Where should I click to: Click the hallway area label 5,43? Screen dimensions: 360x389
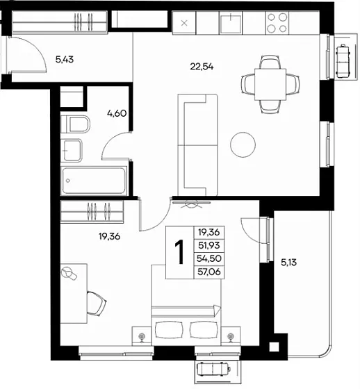pyautogui.click(x=65, y=60)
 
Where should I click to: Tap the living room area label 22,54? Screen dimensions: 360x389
pyautogui.click(x=202, y=67)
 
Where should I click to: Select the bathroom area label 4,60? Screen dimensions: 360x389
pyautogui.click(x=117, y=113)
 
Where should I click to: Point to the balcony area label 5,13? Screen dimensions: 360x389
pyautogui.click(x=288, y=263)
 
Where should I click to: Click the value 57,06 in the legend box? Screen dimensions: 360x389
pyautogui.click(x=208, y=272)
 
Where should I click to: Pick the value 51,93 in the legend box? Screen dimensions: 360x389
pyautogui.click(x=208, y=245)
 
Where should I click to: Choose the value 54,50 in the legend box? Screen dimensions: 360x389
pyautogui.click(x=208, y=258)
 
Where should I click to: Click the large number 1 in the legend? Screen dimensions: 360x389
pyautogui.click(x=179, y=252)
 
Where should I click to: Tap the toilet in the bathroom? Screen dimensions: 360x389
pyautogui.click(x=75, y=124)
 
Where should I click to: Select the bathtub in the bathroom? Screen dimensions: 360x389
pyautogui.click(x=94, y=181)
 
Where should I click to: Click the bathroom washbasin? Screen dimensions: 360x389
pyautogui.click(x=72, y=150)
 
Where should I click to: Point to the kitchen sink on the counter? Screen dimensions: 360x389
pyautogui.click(x=231, y=24)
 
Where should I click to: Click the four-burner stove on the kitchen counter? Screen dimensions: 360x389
pyautogui.click(x=277, y=23)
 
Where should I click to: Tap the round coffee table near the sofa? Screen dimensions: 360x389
pyautogui.click(x=243, y=144)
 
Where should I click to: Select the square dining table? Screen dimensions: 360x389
pyautogui.click(x=270, y=84)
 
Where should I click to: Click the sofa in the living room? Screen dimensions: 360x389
pyautogui.click(x=198, y=145)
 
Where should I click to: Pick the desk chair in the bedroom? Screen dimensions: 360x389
pyautogui.click(x=96, y=304)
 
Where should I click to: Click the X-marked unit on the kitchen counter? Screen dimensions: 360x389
pyautogui.click(x=184, y=24)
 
